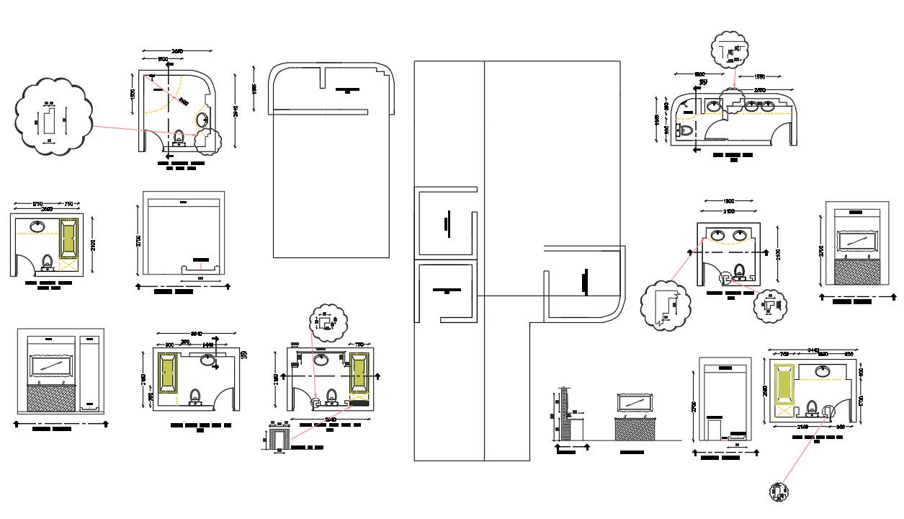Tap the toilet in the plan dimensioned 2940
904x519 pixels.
pyautogui.click(x=179, y=137)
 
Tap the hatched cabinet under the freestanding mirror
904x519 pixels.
pyautogui.click(x=635, y=427)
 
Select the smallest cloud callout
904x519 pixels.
pyautogui.click(x=779, y=492)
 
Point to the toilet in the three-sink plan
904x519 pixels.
pyautogui.click(x=685, y=131)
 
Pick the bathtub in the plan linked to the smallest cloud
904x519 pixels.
pyautogui.click(x=784, y=388)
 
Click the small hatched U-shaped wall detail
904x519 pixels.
pyautogui.click(x=279, y=439)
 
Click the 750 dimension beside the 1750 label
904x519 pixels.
pyautogui.click(x=69, y=204)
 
